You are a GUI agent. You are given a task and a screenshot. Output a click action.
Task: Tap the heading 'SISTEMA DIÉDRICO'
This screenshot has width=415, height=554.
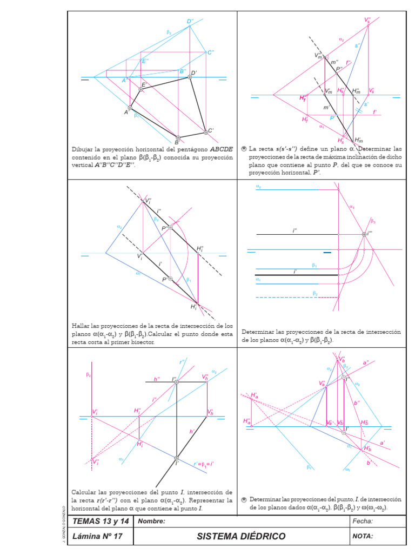(x=241, y=536)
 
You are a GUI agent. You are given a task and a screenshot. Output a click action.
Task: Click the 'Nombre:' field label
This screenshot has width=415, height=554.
(x=152, y=522)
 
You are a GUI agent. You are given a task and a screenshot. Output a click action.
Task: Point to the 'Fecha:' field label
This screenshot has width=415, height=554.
(x=363, y=522)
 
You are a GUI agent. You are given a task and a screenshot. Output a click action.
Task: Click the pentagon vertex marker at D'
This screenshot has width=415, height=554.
(x=190, y=77)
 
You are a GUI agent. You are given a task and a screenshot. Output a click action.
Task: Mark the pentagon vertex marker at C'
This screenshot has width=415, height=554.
(x=205, y=132)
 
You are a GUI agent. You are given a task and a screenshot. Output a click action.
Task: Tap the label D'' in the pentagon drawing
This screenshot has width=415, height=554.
(x=190, y=22)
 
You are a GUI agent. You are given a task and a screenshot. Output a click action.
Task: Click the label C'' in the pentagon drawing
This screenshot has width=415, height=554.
(x=211, y=52)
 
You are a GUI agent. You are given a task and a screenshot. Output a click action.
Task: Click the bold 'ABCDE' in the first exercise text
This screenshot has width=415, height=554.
(x=222, y=149)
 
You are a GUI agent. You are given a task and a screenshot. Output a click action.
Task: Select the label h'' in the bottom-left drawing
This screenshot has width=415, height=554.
(x=157, y=379)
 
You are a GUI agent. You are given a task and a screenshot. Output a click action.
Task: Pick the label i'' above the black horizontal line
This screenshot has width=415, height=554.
(x=295, y=230)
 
